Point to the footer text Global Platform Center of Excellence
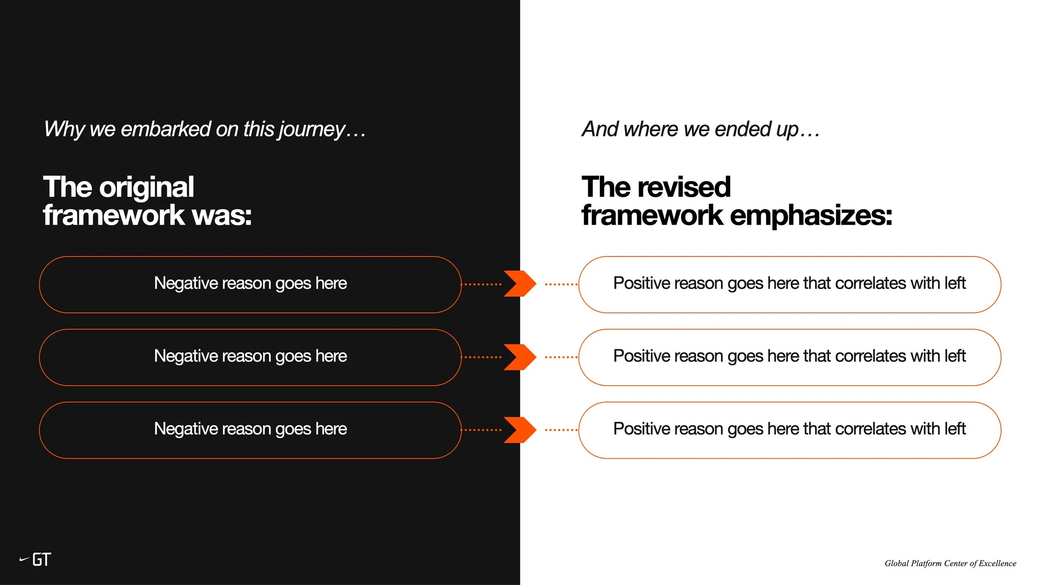pos(950,563)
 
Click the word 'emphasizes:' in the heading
pos(811,216)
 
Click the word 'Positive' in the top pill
pos(641,283)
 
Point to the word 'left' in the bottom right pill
pos(955,429)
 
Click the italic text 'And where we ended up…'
pos(701,129)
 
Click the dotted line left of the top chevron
pos(482,285)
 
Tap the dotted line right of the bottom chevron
pos(561,430)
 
